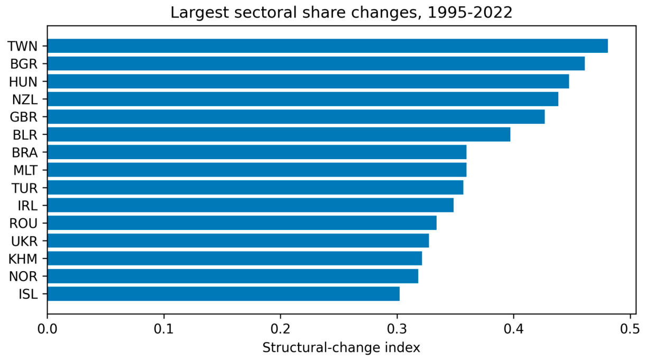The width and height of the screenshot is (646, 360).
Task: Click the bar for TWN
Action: pos(328,46)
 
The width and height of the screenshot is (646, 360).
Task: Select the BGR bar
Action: pos(316,63)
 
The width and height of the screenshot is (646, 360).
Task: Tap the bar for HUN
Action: pos(308,81)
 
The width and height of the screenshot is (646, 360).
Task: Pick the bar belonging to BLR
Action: pos(279,134)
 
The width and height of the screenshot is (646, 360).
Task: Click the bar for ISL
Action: pos(224,293)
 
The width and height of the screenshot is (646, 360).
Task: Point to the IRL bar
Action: pos(251,205)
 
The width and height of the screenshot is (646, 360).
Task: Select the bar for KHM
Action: pos(235,258)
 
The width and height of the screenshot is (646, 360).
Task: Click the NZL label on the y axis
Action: pos(25,99)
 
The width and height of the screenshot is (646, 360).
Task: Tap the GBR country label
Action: pos(24,117)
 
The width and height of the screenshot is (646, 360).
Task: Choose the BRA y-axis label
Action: pos(24,153)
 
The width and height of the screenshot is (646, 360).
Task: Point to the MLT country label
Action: pos(25,170)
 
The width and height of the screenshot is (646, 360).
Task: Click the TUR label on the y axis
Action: pos(24,188)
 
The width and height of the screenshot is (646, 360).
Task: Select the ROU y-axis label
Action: pos(23,223)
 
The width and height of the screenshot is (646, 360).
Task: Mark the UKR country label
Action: pos(24,241)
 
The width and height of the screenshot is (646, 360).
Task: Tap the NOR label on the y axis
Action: pos(23,276)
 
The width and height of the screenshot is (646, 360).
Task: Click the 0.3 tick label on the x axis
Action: pos(397,329)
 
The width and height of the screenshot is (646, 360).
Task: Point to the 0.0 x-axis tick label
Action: pos(47,329)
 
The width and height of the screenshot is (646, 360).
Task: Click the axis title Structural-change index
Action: pos(341,348)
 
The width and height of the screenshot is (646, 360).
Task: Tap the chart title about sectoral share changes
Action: pos(342,13)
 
